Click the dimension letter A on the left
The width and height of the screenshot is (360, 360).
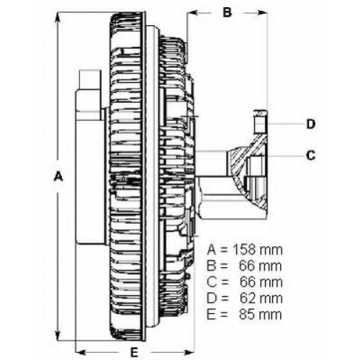[x=58, y=176]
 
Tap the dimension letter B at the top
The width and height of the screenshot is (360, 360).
[x=227, y=12]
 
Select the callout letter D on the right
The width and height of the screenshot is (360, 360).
[x=311, y=125]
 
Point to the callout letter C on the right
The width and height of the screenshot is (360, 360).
[x=311, y=156]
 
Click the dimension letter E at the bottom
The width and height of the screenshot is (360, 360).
[x=135, y=353]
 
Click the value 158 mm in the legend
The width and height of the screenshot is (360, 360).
[x=258, y=250]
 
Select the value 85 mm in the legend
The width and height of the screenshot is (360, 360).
[x=261, y=315]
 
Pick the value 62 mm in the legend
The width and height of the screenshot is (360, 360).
[x=261, y=298]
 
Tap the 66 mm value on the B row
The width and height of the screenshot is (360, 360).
[x=261, y=266]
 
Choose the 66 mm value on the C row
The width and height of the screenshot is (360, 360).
[x=261, y=282]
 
